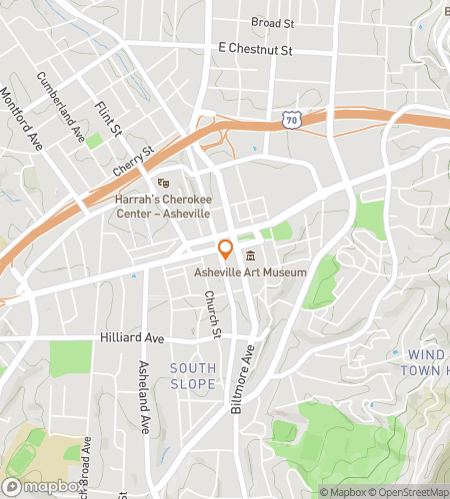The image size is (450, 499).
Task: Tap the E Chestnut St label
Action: [x=254, y=48]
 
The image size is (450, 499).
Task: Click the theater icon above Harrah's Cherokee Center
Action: [x=164, y=182]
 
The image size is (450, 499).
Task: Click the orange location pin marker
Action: [x=226, y=249]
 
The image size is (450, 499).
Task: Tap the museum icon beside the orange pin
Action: [x=250, y=257]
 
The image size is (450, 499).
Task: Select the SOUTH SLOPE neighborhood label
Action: [x=193, y=375]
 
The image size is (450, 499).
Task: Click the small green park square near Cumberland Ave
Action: [x=94, y=141]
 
